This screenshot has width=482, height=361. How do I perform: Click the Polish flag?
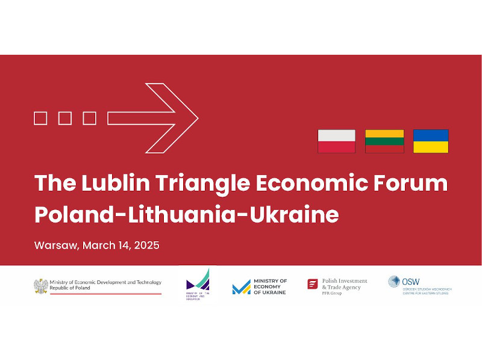336,141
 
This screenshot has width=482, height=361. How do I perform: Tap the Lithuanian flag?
384,141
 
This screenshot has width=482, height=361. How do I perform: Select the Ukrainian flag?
431,141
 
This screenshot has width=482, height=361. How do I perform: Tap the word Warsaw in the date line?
56,246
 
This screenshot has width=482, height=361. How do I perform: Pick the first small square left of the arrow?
40,119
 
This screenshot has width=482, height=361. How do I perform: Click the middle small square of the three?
65,119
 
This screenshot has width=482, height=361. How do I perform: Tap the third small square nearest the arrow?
89,119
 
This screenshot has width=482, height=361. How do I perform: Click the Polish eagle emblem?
41,286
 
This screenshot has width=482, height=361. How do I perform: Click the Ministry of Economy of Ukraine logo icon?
241,287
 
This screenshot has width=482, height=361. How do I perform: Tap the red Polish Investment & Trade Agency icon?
313,284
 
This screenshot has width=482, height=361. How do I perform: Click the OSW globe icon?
394,281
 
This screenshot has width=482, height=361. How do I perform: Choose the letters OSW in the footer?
412,281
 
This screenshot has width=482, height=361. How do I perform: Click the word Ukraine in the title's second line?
295,215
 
